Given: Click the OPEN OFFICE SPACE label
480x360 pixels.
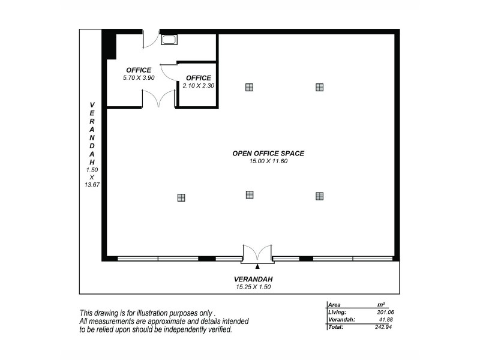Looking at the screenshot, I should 268,154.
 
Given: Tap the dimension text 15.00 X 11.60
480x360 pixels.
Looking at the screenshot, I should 268,161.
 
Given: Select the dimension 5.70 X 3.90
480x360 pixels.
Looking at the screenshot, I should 139,78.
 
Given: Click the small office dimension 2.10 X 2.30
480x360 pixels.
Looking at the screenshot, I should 199,86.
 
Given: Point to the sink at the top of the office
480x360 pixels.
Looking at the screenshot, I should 169,40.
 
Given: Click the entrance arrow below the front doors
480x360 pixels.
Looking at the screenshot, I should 257,266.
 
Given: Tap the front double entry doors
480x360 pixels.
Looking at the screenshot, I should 257,253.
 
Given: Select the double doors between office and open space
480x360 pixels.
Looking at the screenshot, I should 158,99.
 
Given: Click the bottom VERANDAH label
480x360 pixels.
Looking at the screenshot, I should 257,279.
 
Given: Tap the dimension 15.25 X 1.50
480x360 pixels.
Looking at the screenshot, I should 257,287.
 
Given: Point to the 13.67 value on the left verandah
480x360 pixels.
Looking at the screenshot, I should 92,185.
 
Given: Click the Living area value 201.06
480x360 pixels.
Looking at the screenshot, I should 385,312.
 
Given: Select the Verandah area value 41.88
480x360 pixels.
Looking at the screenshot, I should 386,320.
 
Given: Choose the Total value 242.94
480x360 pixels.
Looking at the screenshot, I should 385,328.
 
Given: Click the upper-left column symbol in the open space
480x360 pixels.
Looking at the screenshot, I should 249,87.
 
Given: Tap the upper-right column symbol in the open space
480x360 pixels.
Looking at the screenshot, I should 320,87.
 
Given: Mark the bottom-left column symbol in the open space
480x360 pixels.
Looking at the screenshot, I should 181,197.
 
